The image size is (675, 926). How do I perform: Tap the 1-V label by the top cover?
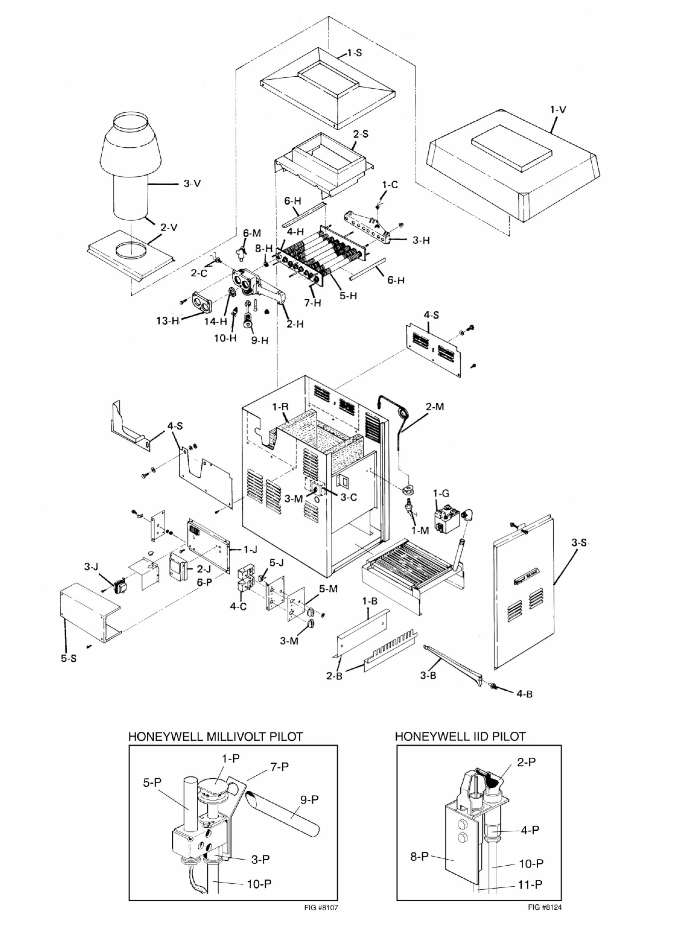coord(558,110)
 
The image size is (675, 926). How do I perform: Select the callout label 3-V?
coord(192,184)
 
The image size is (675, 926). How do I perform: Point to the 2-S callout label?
coord(360,134)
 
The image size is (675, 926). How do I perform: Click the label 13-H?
coord(168,321)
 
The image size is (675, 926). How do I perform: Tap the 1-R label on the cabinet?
coord(281,407)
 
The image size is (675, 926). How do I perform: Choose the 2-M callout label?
coord(435,407)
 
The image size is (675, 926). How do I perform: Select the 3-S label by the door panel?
coord(579,543)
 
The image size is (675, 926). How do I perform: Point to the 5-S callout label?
coord(69,659)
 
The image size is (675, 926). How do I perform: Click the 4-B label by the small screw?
coord(525,694)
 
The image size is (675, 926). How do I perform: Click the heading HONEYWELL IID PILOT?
coord(460,737)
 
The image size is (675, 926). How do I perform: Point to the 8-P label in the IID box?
coord(420,845)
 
